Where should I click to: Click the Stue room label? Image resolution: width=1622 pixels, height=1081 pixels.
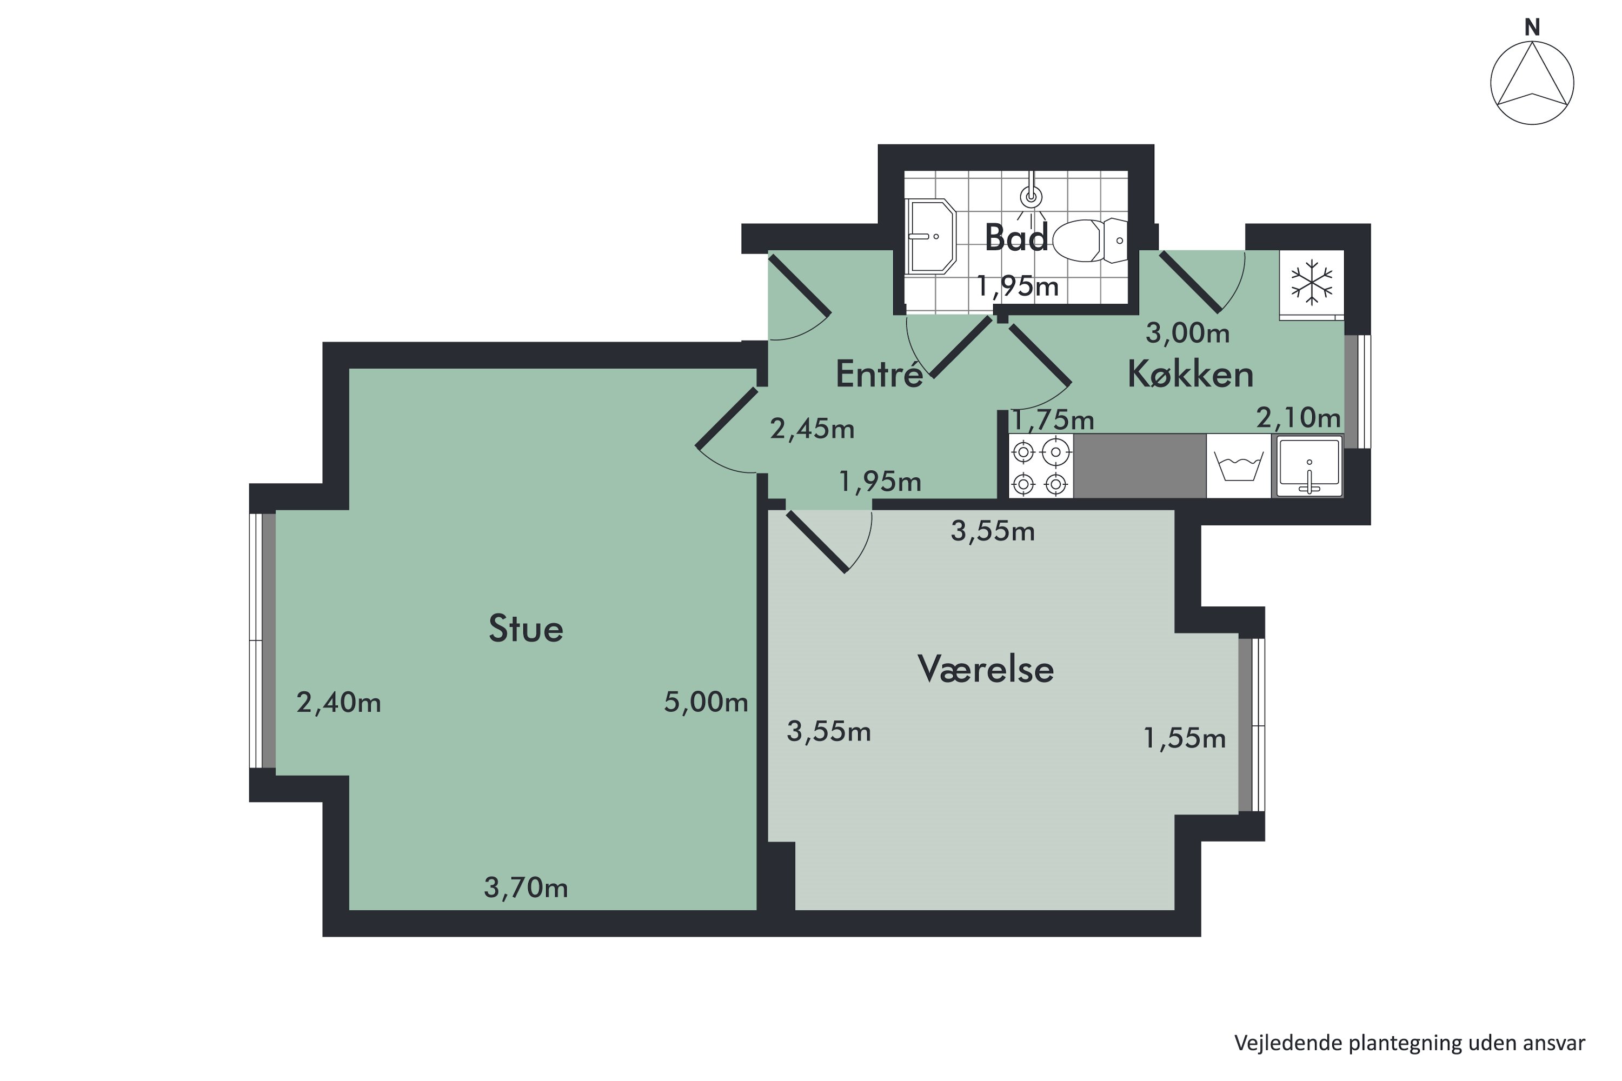click(526, 629)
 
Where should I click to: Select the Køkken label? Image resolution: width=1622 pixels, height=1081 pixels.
click(1191, 375)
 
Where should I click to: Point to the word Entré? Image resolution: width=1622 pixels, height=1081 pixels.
click(879, 375)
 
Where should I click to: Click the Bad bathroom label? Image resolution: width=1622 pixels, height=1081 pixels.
click(1016, 238)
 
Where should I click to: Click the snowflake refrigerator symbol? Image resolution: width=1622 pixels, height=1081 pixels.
click(1312, 282)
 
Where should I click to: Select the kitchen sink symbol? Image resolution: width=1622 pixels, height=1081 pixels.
click(1308, 467)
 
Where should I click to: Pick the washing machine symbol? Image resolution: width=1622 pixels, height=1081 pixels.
click(1239, 467)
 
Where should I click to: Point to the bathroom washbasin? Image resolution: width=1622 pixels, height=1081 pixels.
click(931, 237)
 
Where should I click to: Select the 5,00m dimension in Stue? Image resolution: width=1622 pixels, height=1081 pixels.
click(706, 702)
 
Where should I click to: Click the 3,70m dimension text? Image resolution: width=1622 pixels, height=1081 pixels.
click(526, 888)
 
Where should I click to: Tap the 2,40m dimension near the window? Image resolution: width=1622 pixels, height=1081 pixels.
click(338, 703)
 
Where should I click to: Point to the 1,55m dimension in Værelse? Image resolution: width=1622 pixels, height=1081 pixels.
click(1184, 738)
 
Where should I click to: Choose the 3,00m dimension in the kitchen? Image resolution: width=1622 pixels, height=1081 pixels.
click(1187, 333)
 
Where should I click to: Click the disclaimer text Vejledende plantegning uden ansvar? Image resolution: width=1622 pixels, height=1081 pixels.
click(1410, 1043)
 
